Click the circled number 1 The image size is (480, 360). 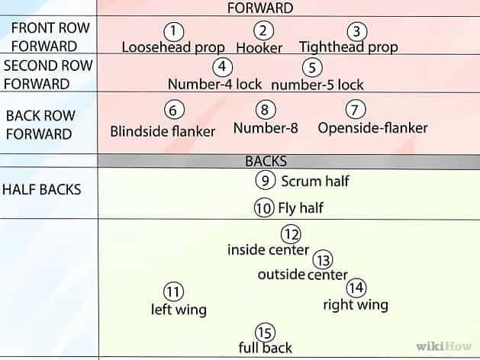pyautogui.click(x=175, y=31)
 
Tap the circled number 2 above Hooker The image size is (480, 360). pyautogui.click(x=263, y=31)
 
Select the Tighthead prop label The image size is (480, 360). pyautogui.click(x=348, y=47)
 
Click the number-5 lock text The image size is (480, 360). pyautogui.click(x=317, y=84)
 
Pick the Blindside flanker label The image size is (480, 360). pyautogui.click(x=163, y=130)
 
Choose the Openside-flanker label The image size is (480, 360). pyautogui.click(x=372, y=127)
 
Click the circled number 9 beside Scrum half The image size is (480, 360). pyautogui.click(x=263, y=181)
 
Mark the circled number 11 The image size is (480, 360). pyautogui.click(x=174, y=291)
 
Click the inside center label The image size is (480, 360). pyautogui.click(x=268, y=249)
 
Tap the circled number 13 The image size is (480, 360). pyautogui.click(x=323, y=260)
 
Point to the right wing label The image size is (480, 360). pyautogui.click(x=355, y=305)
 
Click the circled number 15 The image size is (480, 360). pyautogui.click(x=264, y=332)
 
